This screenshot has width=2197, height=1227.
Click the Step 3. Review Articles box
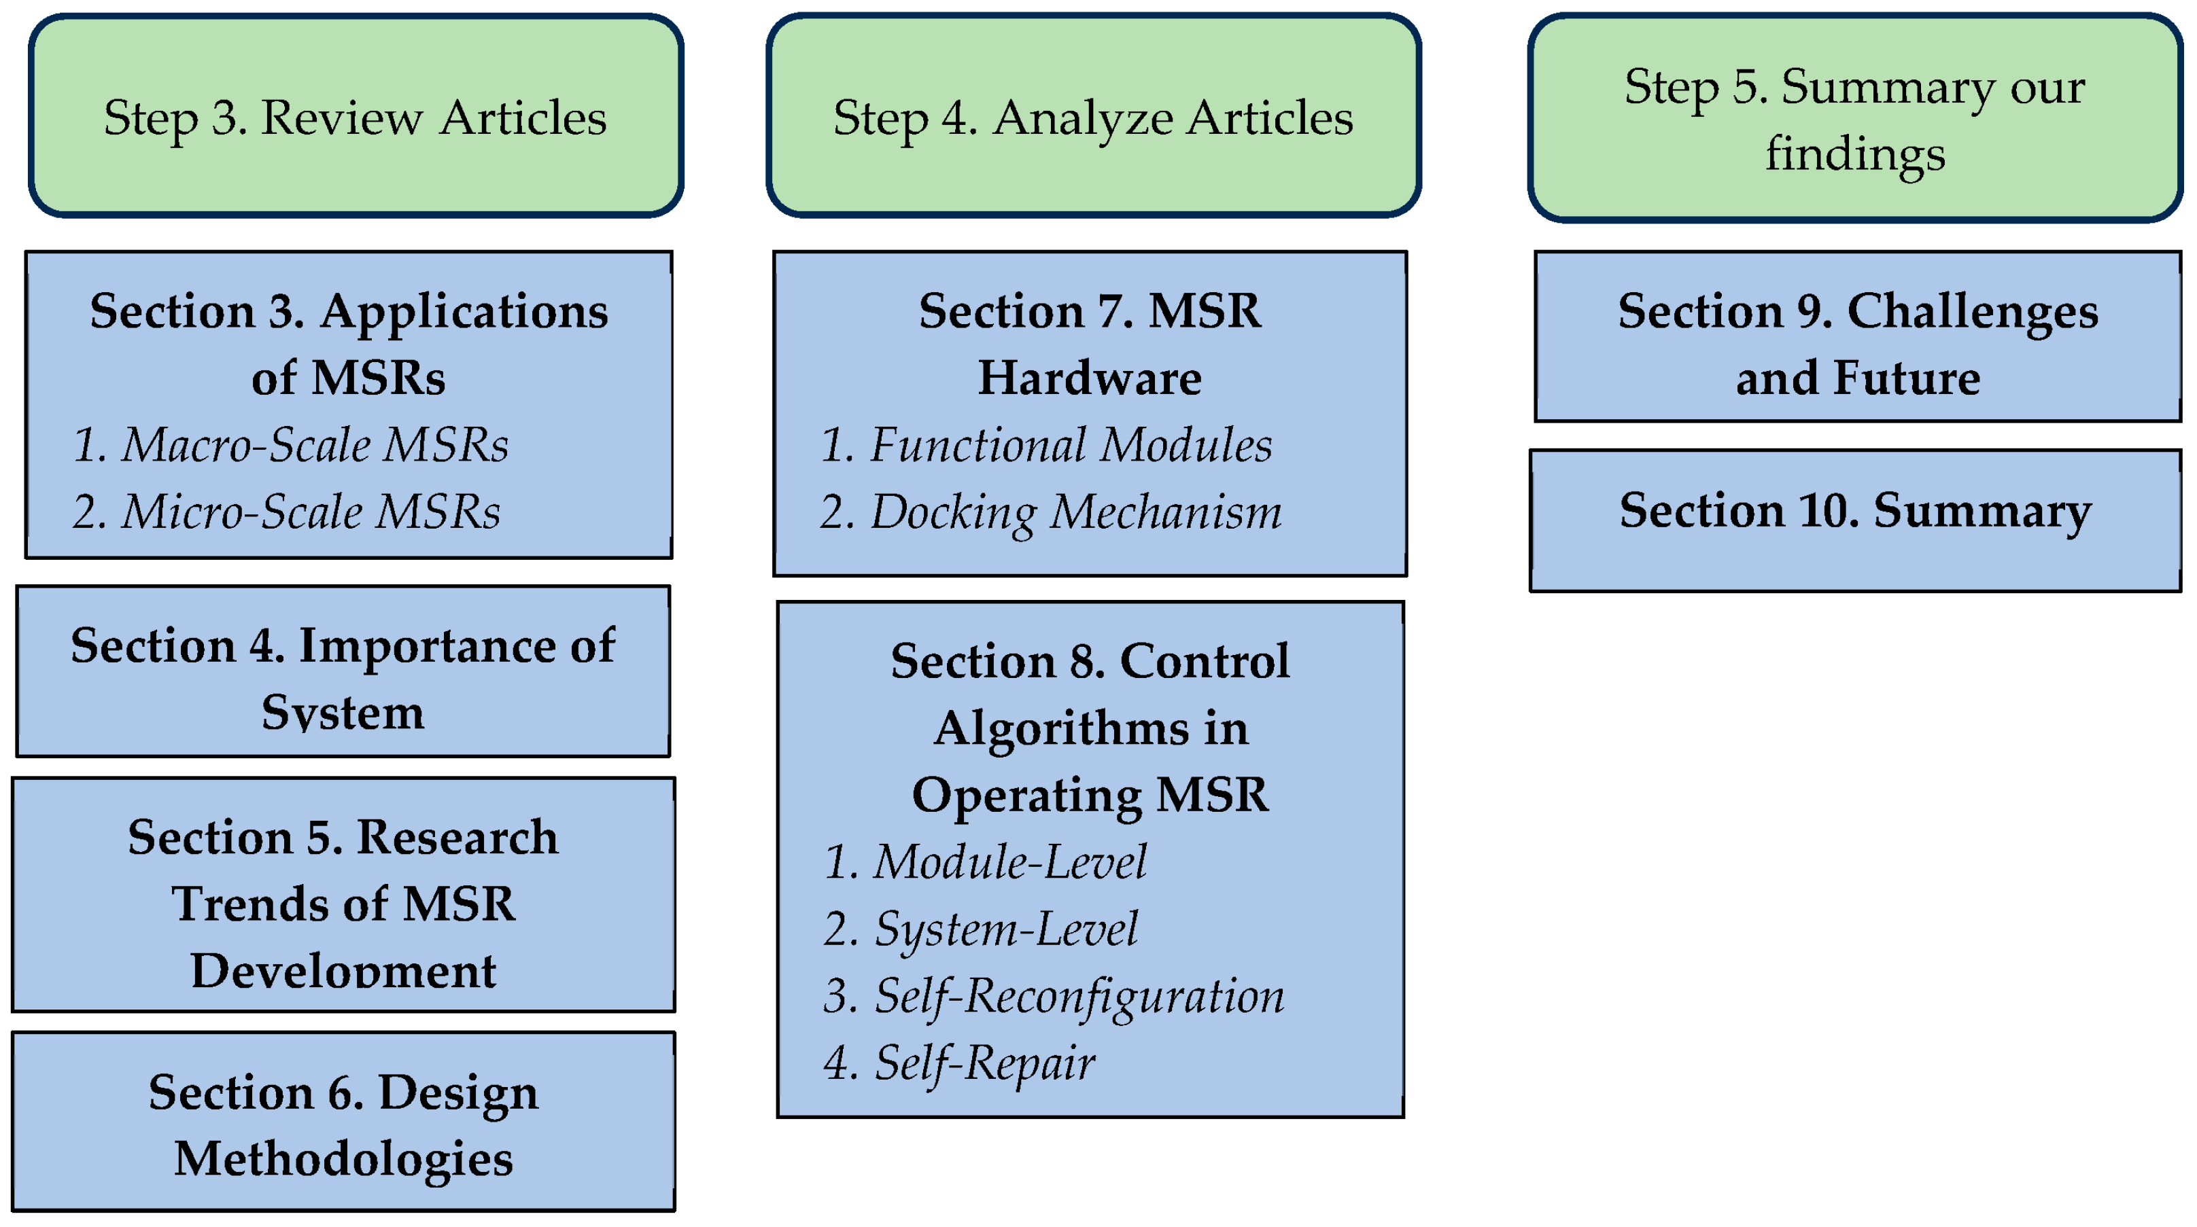355,116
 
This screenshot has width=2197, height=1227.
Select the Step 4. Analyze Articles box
1092,116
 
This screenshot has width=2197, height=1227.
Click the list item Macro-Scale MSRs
290,444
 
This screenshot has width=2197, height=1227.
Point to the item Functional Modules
1045,444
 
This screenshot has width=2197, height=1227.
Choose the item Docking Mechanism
1051,512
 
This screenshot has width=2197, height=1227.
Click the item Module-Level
985,861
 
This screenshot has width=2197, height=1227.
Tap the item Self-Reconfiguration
1054,995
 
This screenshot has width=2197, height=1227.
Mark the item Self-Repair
959,1063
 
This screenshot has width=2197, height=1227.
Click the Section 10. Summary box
1854,520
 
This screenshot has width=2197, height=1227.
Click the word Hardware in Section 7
1089,377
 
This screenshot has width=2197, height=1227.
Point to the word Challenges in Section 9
1972,311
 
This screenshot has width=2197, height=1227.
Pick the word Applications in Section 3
464,311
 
